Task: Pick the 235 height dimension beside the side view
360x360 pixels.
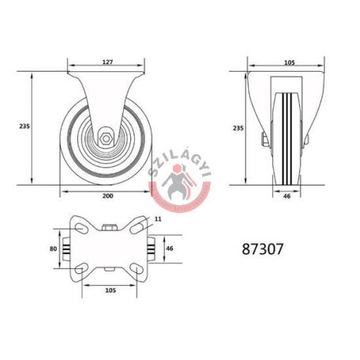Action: (x=238, y=128)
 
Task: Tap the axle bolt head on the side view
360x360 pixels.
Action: (x=264, y=143)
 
